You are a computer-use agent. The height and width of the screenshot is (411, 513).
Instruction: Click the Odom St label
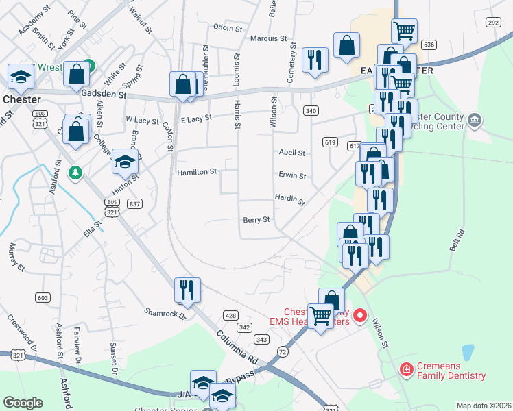click(x=228, y=28)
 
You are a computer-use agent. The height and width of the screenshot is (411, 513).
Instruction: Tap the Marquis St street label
click(x=267, y=38)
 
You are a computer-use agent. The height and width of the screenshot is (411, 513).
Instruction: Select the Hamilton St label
click(x=197, y=171)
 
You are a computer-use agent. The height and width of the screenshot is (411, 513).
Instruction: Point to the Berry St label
click(x=256, y=220)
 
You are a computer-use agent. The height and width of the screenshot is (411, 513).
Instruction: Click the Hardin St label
click(x=289, y=199)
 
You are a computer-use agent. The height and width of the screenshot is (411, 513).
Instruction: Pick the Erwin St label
click(x=292, y=175)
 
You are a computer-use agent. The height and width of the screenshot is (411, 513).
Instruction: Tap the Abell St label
click(x=291, y=153)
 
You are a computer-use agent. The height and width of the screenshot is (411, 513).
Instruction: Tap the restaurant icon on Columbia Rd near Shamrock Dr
click(x=187, y=290)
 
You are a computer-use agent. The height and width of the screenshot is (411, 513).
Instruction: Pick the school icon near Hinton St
click(x=125, y=162)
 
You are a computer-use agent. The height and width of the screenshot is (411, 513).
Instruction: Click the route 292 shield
click(x=492, y=23)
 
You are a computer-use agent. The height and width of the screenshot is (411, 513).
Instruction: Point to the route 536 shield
click(x=429, y=44)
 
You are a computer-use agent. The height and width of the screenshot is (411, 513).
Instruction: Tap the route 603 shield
click(x=43, y=297)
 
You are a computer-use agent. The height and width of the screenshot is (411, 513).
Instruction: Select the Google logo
click(x=23, y=403)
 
